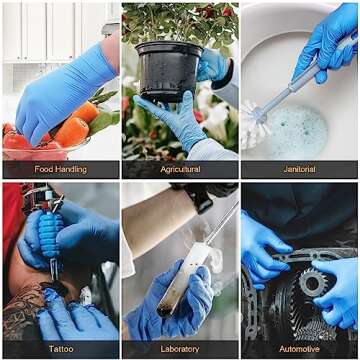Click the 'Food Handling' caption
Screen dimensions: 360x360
click(x=59, y=169)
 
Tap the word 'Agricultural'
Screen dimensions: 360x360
click(x=180, y=169)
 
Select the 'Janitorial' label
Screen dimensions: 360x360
click(x=299, y=169)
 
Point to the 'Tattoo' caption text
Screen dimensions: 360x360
click(x=59, y=349)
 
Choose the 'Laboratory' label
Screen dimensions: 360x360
click(x=180, y=349)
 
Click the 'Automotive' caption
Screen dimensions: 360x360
click(x=299, y=349)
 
